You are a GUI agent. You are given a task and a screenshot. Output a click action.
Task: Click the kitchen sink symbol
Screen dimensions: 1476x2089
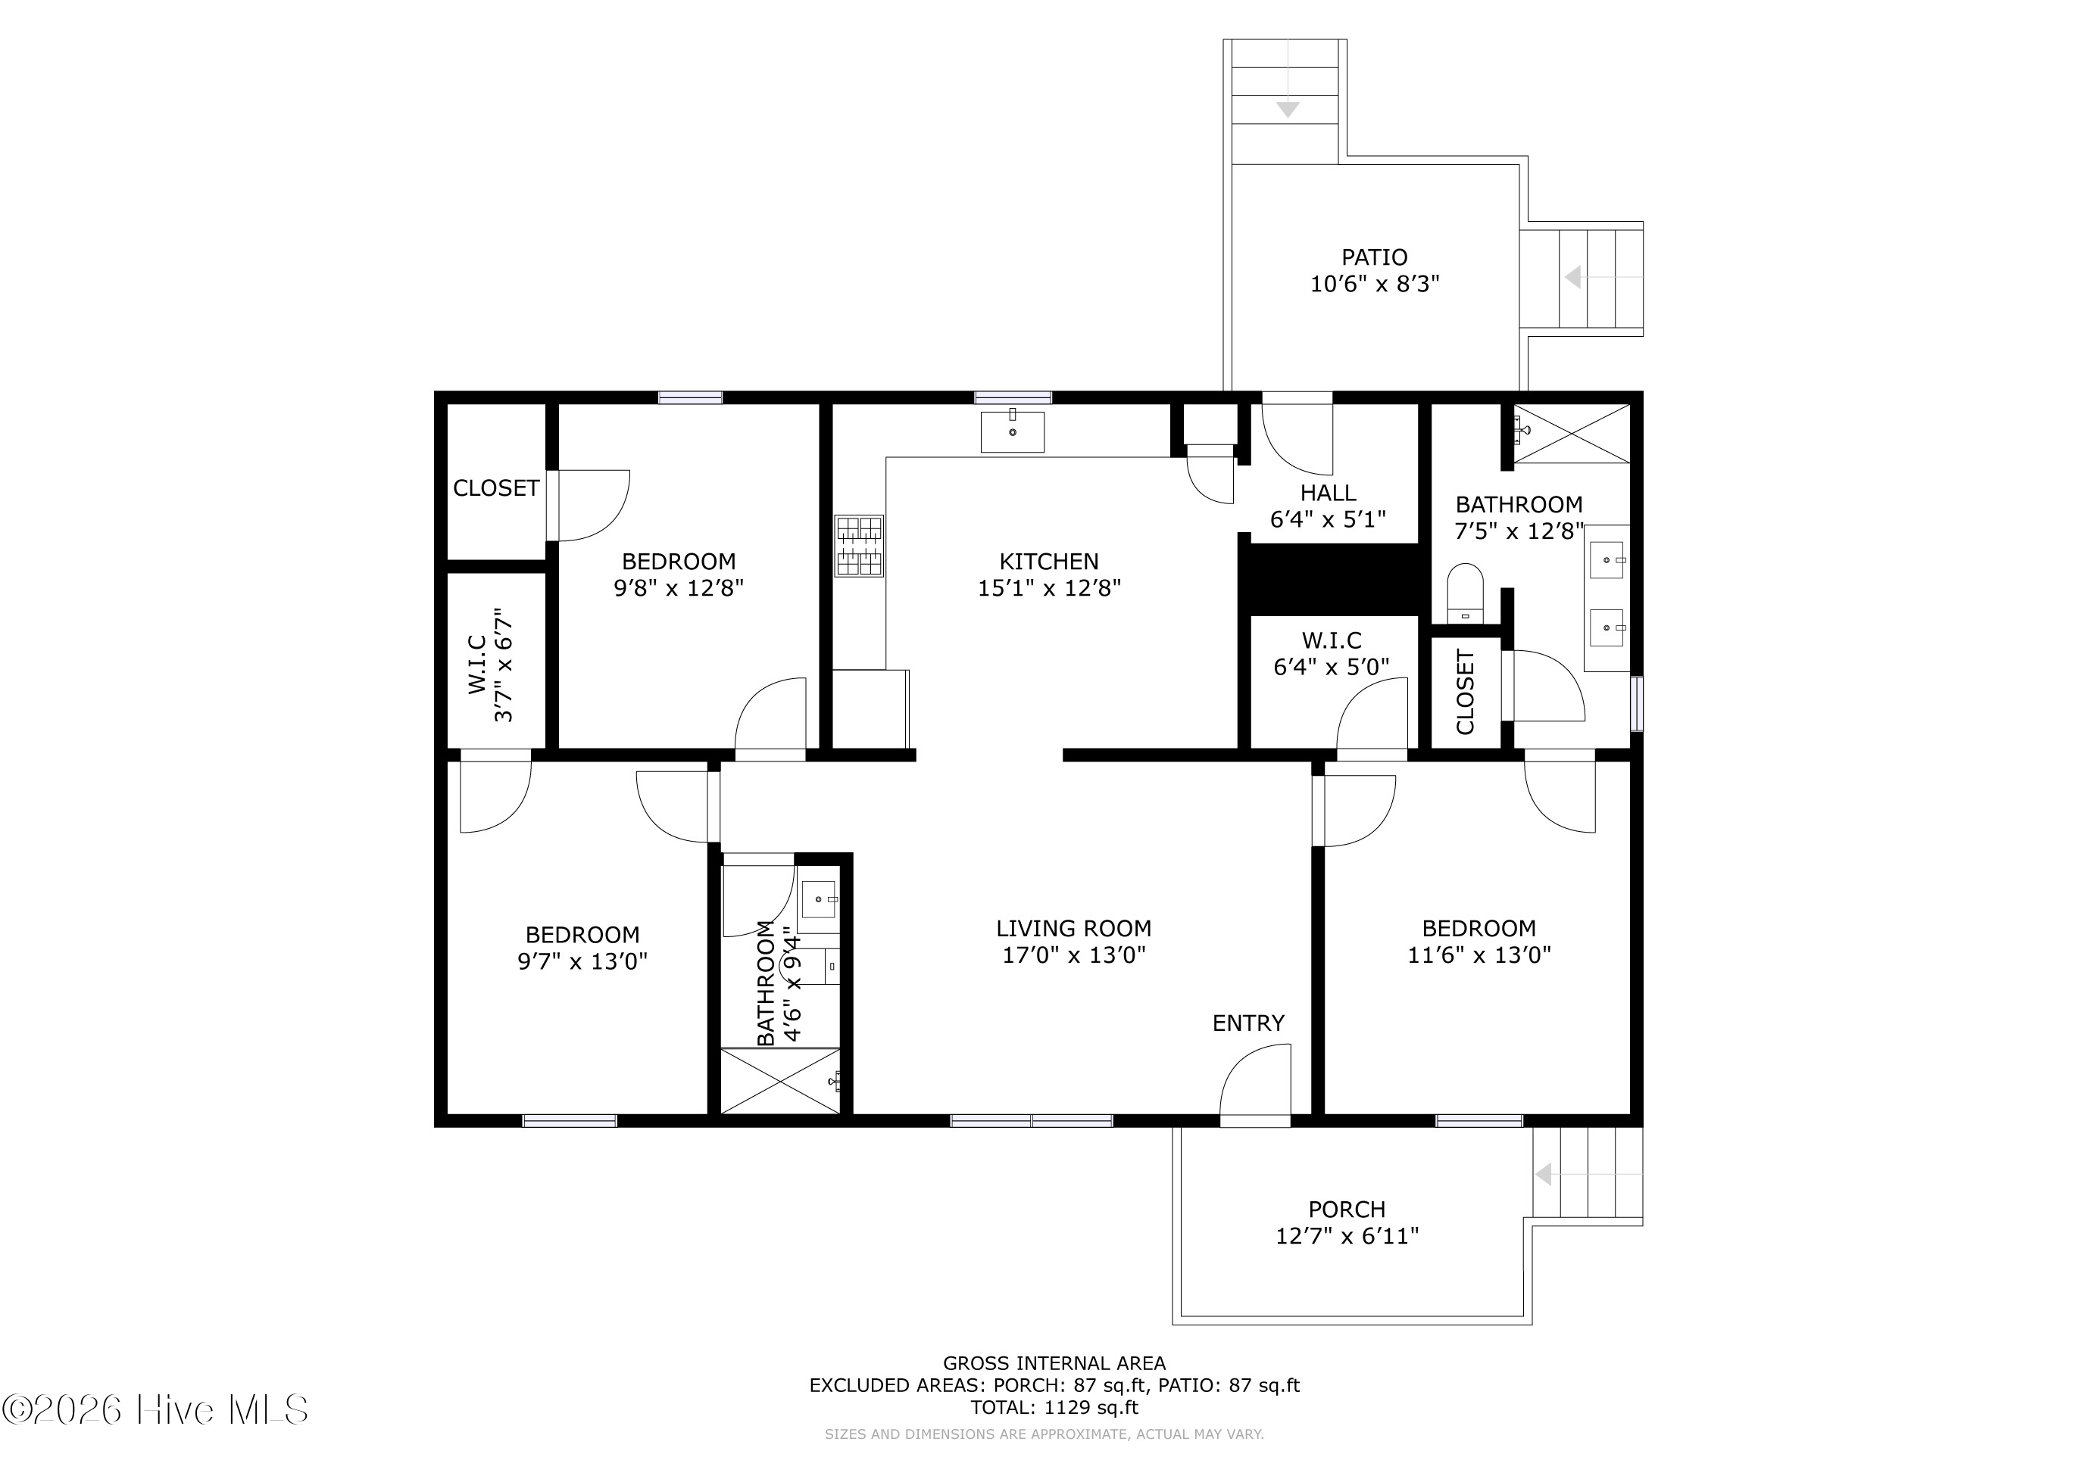[x=1012, y=431]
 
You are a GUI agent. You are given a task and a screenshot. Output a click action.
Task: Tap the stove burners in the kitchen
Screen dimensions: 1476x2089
[x=859, y=546]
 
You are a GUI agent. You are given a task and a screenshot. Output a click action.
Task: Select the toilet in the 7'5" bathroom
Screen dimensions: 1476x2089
[x=1465, y=593]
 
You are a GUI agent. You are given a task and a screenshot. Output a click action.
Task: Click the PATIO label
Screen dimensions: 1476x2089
[x=1374, y=257]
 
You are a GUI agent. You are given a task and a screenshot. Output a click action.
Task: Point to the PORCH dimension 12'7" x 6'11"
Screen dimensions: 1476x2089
[x=1347, y=1235]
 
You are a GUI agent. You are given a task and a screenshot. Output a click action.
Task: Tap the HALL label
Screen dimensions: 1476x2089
[x=1328, y=493]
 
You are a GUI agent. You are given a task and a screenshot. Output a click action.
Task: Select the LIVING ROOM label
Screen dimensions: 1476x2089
[x=1073, y=929]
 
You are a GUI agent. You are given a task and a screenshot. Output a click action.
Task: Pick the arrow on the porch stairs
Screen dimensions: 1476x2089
[x=1544, y=1174]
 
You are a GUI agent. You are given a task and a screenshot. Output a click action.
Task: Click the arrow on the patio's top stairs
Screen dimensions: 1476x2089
[x=1288, y=109]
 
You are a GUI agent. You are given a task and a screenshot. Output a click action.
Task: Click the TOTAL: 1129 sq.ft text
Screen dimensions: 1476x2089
[x=1054, y=1408]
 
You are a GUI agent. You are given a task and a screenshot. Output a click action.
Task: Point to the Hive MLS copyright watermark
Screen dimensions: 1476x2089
[x=155, y=1410]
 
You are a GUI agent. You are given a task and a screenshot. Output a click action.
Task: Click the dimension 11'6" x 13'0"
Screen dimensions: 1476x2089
[x=1479, y=955]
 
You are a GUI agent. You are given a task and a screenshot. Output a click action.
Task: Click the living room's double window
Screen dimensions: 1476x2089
[x=1031, y=1120]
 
